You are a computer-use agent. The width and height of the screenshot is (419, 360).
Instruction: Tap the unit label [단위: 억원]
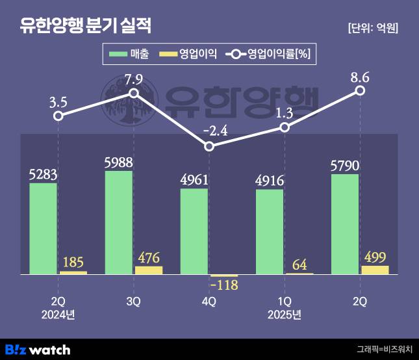point(372,28)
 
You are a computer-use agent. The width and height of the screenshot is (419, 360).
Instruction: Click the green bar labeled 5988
point(119,222)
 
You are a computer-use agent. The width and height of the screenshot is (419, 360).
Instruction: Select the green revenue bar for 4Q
point(194,231)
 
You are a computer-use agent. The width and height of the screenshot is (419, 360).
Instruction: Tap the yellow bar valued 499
point(375,270)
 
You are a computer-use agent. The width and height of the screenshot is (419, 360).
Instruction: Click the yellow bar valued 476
point(149,270)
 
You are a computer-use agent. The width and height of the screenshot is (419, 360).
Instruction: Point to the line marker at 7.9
point(134,94)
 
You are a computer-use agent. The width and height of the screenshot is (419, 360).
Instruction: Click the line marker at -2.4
point(209,147)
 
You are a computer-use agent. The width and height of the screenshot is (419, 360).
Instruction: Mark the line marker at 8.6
point(360,90)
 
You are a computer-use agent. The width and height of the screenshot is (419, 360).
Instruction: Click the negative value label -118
point(224,286)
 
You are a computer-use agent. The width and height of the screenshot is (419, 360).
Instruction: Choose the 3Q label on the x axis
point(134,302)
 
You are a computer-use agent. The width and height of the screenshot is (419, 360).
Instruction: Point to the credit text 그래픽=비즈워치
point(385,350)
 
